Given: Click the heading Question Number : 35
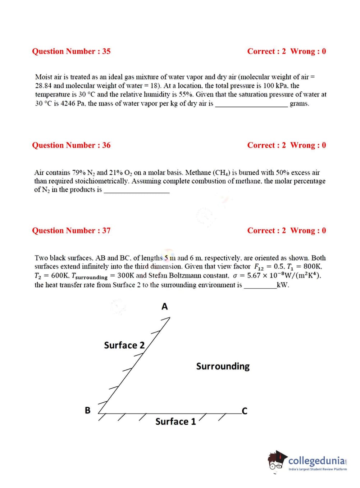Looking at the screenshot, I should click(x=71, y=51).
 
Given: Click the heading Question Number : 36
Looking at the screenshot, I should click(x=71, y=145).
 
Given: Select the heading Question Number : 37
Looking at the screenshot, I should click(x=71, y=231).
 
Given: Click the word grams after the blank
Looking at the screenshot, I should click(x=299, y=104).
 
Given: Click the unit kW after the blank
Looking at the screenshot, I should click(x=283, y=285).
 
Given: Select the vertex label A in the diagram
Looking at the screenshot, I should click(x=165, y=307).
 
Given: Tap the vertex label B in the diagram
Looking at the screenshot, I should click(x=87, y=410).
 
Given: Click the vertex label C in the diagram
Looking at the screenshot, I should click(x=245, y=411).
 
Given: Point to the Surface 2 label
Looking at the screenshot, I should click(x=124, y=345).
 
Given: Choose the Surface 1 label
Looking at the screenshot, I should click(x=176, y=421).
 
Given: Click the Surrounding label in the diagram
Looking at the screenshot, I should click(x=223, y=366).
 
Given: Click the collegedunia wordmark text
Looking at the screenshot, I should click(x=317, y=461).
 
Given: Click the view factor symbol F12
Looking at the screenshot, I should click(x=259, y=267).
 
